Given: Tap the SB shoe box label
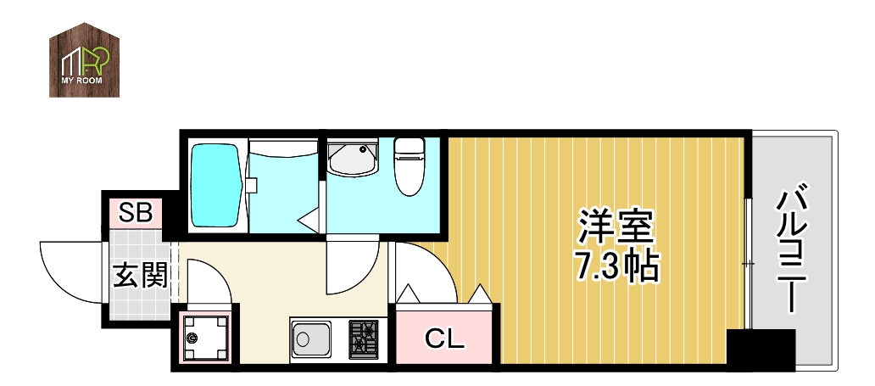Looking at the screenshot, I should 135,212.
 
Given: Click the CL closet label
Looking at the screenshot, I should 444,340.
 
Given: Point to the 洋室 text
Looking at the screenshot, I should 616,227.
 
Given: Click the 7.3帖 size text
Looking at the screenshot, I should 617,266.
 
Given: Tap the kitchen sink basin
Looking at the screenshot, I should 315,341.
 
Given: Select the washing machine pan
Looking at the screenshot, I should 204,338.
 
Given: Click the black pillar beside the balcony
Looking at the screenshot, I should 761,348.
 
